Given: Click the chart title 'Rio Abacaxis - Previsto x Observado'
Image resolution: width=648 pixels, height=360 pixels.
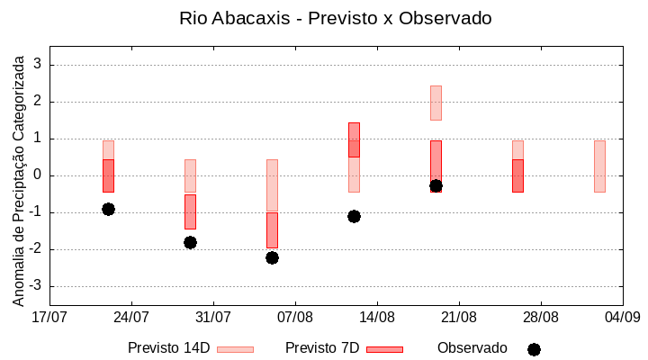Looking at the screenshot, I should (336, 18).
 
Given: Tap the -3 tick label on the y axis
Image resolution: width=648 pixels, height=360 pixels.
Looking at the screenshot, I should (36, 286).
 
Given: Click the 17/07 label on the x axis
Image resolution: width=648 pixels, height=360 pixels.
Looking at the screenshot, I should (49, 317).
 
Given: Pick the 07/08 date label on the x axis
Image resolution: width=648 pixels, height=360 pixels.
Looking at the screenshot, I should (295, 317).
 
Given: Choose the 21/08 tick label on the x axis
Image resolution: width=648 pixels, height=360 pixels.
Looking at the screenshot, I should (459, 317).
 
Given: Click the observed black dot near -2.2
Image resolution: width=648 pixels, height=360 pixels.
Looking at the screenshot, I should (272, 257).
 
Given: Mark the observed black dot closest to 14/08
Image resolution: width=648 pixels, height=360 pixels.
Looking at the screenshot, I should (354, 216).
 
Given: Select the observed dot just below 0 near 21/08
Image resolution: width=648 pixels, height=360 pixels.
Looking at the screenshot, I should (436, 185).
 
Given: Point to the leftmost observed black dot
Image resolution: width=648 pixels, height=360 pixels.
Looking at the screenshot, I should (108, 209).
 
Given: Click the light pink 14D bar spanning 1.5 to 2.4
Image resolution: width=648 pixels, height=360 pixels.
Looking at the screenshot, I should (436, 103).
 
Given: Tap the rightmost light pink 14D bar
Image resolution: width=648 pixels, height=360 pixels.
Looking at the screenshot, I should (599, 166).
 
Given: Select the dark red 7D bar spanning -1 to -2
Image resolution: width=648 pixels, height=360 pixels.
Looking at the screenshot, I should (272, 230).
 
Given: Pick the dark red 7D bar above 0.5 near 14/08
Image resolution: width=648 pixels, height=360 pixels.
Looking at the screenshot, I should (354, 139).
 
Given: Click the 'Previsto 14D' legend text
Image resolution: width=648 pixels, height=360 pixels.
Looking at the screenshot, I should (168, 348).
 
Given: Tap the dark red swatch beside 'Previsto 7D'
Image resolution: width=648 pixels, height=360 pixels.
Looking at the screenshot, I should (384, 349).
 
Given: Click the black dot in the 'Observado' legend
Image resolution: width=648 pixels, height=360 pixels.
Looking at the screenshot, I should (534, 349).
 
